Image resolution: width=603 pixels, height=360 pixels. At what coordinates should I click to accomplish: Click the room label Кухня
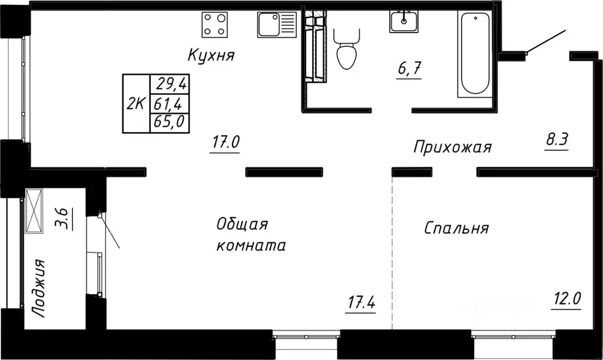(x=211, y=55)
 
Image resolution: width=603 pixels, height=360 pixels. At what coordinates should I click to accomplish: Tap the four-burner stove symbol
(x=216, y=25)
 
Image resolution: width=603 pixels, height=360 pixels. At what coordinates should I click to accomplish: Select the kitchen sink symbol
(x=276, y=25)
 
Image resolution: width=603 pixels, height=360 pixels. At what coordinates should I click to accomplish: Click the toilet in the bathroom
(x=346, y=51)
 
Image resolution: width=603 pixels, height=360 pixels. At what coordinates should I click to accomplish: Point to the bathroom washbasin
(x=404, y=22)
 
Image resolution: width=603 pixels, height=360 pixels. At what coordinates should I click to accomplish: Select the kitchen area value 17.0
(x=224, y=143)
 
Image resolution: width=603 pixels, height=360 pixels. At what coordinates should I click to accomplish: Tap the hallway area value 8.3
(x=556, y=141)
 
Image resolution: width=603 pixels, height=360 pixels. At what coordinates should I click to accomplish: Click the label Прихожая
(x=452, y=147)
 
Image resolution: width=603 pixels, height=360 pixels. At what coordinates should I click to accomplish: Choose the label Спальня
(x=456, y=228)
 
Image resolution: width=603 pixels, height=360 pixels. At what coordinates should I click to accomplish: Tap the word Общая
(x=242, y=224)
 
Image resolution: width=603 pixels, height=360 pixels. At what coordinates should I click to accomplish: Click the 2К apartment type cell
(x=136, y=104)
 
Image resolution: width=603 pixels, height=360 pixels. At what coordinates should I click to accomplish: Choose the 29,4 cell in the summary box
(x=170, y=84)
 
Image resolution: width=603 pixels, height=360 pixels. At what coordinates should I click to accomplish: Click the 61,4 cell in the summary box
(x=169, y=104)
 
